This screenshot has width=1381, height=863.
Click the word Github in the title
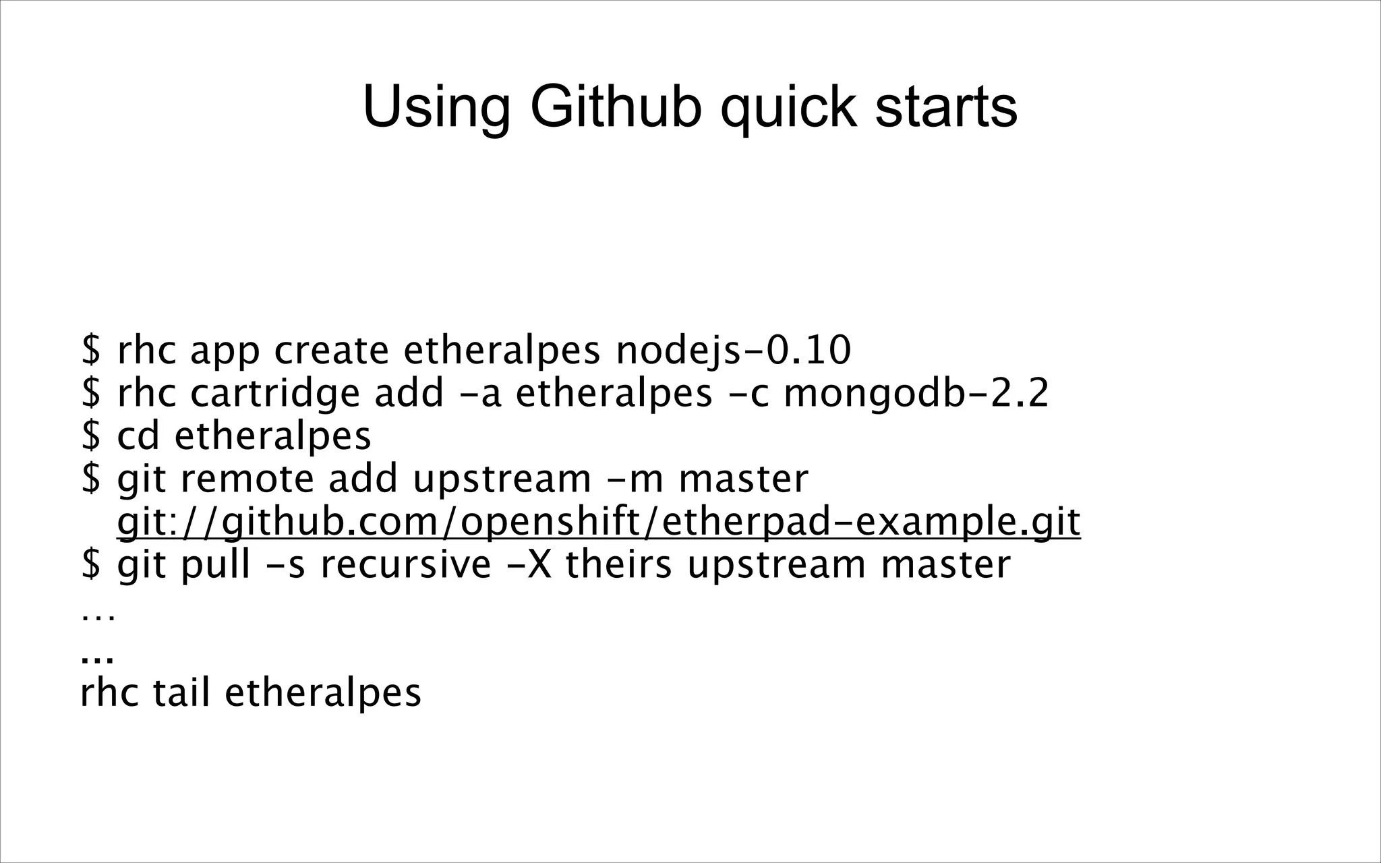pos(616,108)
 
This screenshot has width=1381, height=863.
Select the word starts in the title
pos(945,108)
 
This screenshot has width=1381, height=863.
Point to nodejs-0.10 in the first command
pos(734,351)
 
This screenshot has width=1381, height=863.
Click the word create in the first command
pos(331,351)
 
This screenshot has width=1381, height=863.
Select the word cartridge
pos(275,394)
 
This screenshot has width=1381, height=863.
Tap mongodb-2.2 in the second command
pos(916,394)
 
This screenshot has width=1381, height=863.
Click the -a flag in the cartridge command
pos(481,394)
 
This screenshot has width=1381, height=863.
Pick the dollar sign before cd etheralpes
pos(91,436)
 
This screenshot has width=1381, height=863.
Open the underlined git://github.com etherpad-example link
pos(599,522)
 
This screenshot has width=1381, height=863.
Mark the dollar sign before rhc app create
pos(91,351)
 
